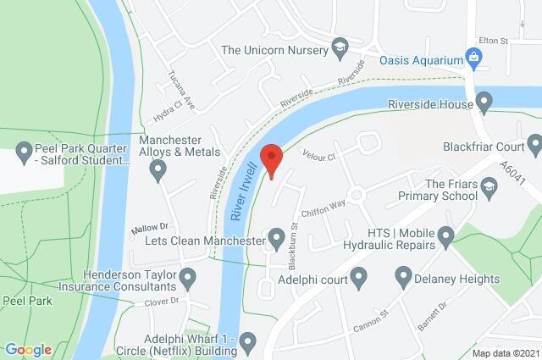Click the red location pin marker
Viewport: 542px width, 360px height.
click(x=270, y=159)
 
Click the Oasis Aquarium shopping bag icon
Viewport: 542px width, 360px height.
click(x=475, y=59)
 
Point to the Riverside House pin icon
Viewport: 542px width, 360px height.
click(x=484, y=104)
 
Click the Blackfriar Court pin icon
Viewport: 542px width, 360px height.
click(x=534, y=145)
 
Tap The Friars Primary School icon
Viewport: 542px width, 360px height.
click(x=488, y=185)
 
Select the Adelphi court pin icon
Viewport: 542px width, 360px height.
click(x=358, y=277)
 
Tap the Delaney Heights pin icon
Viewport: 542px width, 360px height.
click(x=403, y=277)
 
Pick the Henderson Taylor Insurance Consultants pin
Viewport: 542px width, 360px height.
click(x=188, y=277)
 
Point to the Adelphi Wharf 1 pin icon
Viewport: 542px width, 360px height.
click(x=247, y=342)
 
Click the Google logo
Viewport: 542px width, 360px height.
click(x=28, y=350)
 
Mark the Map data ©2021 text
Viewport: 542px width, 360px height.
click(x=505, y=352)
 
